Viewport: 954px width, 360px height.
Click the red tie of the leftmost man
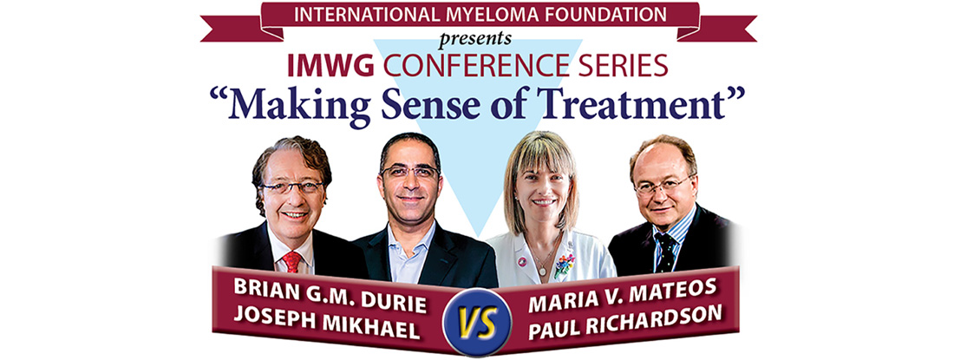point(291,261)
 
